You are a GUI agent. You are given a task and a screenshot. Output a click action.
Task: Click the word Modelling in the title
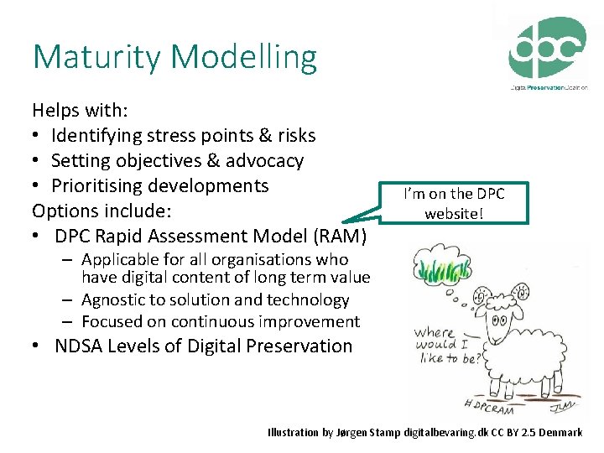point(244,58)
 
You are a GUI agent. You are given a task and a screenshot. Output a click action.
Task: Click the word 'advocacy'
point(264,160)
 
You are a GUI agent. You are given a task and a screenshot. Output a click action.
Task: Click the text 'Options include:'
point(98,211)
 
